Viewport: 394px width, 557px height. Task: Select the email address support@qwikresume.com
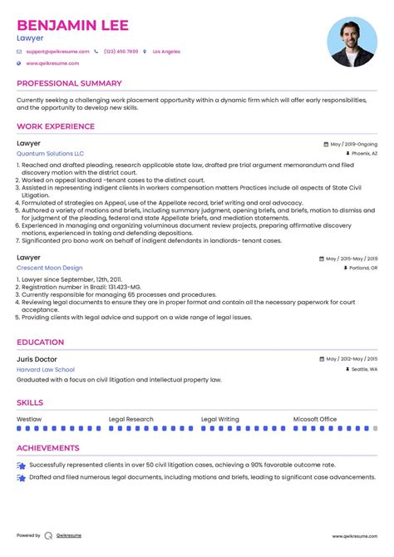[52, 52]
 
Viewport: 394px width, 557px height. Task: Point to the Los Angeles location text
[166, 52]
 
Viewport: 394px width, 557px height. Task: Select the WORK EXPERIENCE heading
[56, 126]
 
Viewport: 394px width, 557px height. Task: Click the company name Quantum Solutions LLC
[50, 154]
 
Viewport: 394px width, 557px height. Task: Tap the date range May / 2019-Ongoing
[352, 143]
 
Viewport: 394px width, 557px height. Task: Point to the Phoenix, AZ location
[364, 154]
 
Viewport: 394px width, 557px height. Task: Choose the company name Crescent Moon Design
[49, 268]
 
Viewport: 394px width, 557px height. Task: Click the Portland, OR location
[363, 269]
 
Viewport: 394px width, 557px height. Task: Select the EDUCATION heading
[41, 342]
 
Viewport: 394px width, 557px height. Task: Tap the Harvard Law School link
[45, 369]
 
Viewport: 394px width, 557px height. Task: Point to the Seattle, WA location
[363, 369]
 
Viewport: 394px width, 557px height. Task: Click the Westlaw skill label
[29, 419]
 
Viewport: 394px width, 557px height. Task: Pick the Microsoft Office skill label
[315, 419]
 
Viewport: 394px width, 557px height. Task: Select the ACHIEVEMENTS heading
[50, 447]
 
